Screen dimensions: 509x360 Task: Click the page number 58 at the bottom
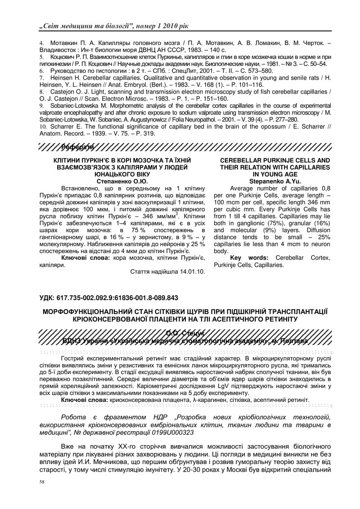(x=41, y=482)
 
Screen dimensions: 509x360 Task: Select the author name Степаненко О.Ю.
(x=122, y=180)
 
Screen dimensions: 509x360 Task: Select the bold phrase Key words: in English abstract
(x=248, y=258)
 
